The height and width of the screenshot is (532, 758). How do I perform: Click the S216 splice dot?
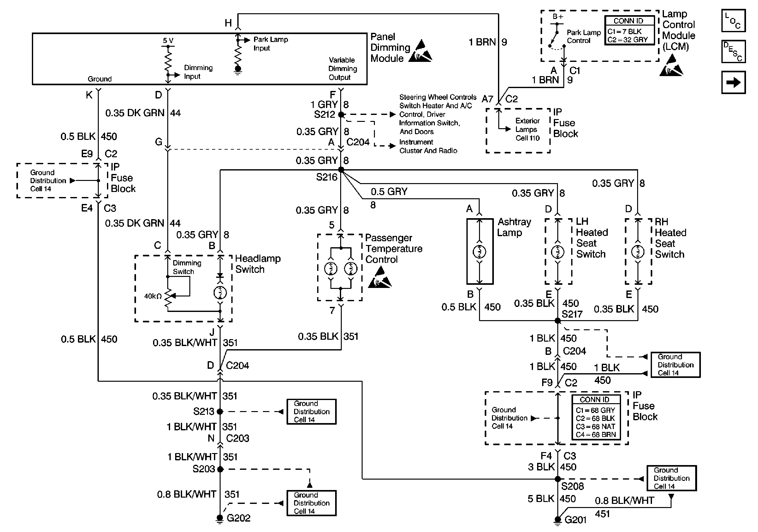(341, 170)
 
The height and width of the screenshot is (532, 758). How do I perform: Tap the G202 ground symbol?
(220, 518)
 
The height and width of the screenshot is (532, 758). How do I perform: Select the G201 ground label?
(575, 520)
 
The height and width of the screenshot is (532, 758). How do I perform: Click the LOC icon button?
(733, 21)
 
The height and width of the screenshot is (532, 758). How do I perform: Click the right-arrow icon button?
(733, 82)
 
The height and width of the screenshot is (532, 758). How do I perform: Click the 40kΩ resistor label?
(152, 296)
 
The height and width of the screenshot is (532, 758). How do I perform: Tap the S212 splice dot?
(341, 115)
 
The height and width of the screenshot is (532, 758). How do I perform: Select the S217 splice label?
(572, 314)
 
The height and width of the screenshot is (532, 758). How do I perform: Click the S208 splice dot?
(558, 479)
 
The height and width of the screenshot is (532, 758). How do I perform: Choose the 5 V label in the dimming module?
(168, 41)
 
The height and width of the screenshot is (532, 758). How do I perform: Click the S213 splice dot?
(220, 411)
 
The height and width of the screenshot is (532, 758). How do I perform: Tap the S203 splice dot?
(220, 469)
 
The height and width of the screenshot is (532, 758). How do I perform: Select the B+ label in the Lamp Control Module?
(558, 16)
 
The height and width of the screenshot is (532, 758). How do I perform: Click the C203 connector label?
(237, 438)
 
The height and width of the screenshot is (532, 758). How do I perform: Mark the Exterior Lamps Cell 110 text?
(528, 129)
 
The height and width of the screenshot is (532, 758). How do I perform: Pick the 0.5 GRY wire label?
(389, 192)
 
